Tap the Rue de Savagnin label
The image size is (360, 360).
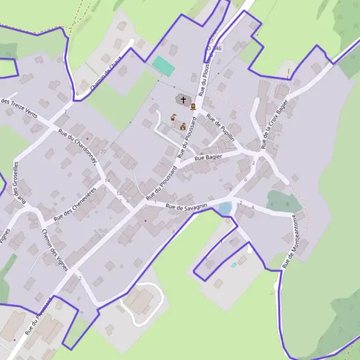(187, 207)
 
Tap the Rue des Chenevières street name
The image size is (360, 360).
(74, 203)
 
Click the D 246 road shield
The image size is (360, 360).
(214, 47)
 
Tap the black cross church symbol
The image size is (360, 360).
(183, 99)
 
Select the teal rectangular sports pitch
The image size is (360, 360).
(163, 66)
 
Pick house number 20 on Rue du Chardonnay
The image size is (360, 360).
(103, 151)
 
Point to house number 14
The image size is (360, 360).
(107, 181)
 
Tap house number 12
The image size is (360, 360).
(119, 193)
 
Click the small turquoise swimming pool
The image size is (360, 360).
(233, 265)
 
